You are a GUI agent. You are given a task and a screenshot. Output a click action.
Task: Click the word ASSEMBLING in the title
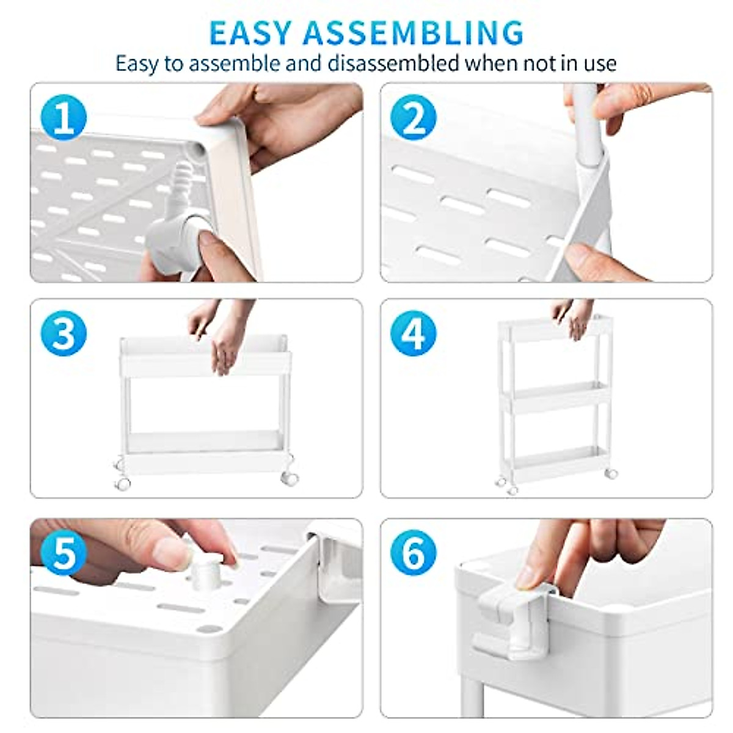[x=414, y=33]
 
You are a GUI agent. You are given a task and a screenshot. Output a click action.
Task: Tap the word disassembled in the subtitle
[x=393, y=64]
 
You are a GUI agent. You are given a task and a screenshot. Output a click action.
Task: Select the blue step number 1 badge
[x=64, y=117]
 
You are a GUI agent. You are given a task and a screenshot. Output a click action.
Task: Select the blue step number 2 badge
[x=414, y=117]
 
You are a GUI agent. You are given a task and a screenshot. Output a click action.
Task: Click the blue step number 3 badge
[x=64, y=334]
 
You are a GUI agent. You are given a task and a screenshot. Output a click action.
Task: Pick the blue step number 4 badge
[x=414, y=334]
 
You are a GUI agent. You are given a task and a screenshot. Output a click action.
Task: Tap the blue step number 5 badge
[x=64, y=553]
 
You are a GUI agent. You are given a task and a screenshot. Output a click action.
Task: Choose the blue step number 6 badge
[x=414, y=553]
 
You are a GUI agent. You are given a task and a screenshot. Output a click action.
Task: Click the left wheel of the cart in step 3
[x=122, y=483]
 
